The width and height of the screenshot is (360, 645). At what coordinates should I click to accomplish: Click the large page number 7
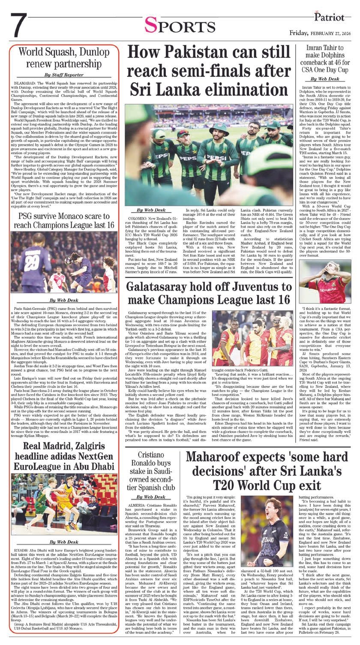point(16,26)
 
